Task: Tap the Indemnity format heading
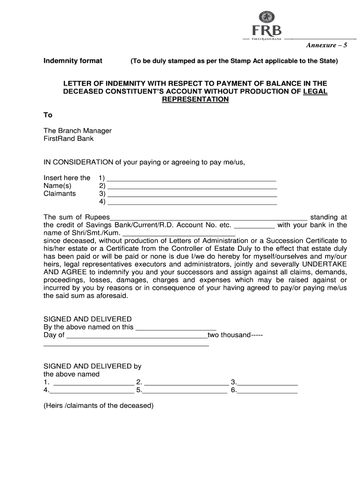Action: coord(73,61)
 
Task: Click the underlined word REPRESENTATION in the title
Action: coord(195,100)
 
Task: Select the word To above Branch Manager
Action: coord(48,115)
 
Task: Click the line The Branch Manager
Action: coord(78,131)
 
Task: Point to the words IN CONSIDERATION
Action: coord(79,162)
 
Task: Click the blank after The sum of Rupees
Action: coord(209,218)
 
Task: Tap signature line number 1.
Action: coord(91,383)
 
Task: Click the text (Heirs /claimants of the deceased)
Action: coord(98,406)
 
